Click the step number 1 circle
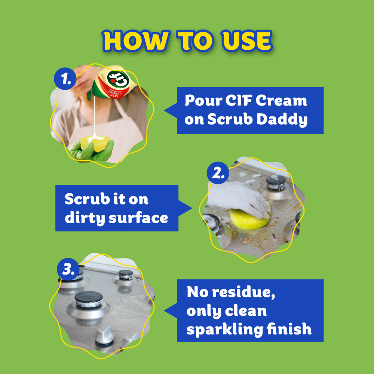coord(65,79)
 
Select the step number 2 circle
coord(218,173)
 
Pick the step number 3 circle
coord(68,269)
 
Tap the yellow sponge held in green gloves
coord(95,144)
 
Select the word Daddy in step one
coord(282,119)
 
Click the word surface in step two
coord(138,218)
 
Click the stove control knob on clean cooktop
coord(104,335)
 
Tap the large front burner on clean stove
coord(89,305)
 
